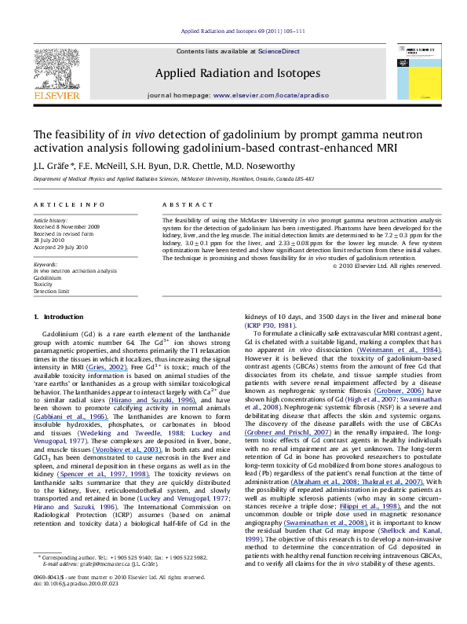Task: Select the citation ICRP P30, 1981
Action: pyautogui.click(x=270, y=324)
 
